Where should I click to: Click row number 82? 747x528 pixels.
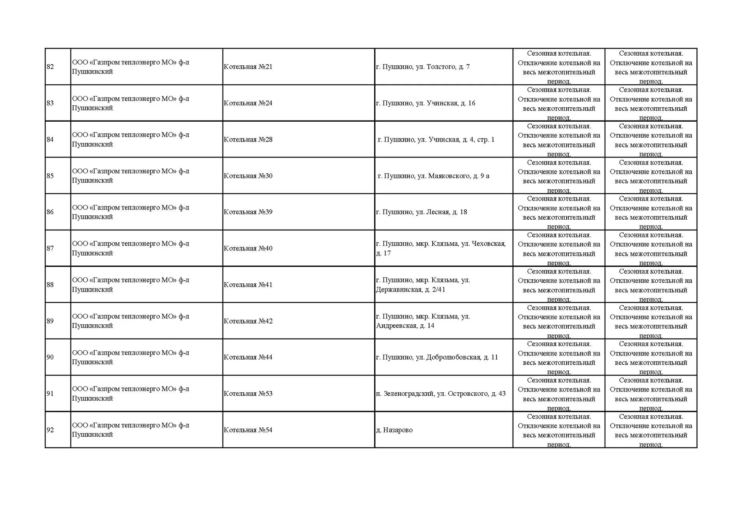[50, 67]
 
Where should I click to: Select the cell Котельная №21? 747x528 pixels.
[248, 67]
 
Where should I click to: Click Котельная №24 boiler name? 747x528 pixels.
[248, 103]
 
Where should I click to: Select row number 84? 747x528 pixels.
[50, 140]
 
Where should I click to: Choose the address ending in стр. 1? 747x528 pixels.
[436, 140]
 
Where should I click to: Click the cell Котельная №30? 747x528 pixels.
[248, 176]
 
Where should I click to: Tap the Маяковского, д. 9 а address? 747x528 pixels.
[433, 176]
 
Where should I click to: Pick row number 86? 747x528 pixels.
[50, 212]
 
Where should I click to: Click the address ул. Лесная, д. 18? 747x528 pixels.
[421, 212]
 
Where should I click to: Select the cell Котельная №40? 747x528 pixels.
[248, 248]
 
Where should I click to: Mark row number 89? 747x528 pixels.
[50, 321]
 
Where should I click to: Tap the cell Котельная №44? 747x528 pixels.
[248, 357]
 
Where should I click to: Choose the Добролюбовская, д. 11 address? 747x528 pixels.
[437, 357]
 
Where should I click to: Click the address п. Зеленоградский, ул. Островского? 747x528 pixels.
[440, 393]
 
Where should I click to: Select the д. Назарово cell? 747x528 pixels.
[394, 430]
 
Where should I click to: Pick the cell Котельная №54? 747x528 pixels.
[248, 430]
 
